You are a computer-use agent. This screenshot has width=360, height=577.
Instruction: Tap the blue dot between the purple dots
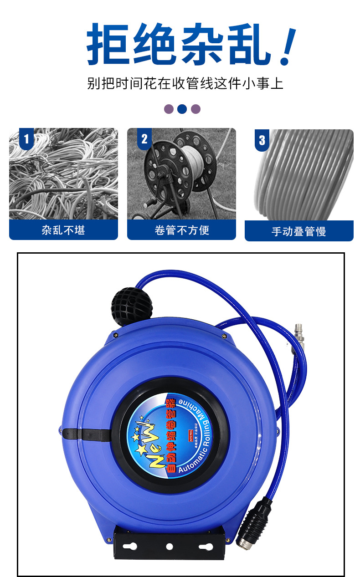[x=182, y=109]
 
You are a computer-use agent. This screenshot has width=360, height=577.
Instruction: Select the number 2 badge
[x=144, y=139]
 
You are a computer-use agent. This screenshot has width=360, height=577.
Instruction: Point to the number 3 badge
[x=262, y=140]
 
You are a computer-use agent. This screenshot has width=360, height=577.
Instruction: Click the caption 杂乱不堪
[x=63, y=230]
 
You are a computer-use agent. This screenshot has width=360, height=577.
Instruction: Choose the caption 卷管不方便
[x=181, y=230]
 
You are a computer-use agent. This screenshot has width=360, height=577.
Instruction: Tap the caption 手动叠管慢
[x=299, y=231]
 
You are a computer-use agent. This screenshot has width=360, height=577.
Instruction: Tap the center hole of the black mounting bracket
[x=170, y=546]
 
